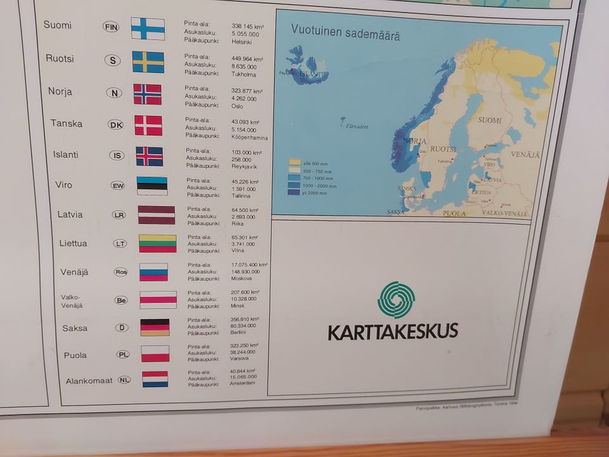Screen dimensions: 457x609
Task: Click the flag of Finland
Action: pos(148,29)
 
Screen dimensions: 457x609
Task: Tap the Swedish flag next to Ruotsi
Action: pos(148,62)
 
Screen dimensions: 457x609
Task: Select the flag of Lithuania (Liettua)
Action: pos(157,244)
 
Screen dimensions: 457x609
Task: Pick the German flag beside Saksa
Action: pos(155,328)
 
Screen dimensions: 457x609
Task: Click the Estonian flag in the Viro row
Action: pos(152,185)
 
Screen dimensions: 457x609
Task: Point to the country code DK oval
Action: pos(116,124)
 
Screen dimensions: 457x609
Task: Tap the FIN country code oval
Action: pos(111,27)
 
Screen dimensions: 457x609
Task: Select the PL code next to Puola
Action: pos(123,355)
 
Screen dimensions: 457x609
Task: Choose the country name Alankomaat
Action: pos(89,381)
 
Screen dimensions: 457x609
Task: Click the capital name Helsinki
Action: pos(241,42)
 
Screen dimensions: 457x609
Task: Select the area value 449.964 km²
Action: pos(247,59)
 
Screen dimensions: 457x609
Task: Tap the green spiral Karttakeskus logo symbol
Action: pos(396,300)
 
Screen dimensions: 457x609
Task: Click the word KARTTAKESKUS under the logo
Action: pos(393,331)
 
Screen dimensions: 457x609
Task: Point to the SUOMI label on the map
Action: pos(489,120)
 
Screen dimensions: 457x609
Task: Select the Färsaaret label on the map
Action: pos(357,127)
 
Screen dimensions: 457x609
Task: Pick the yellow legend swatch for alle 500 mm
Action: pos(295,162)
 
